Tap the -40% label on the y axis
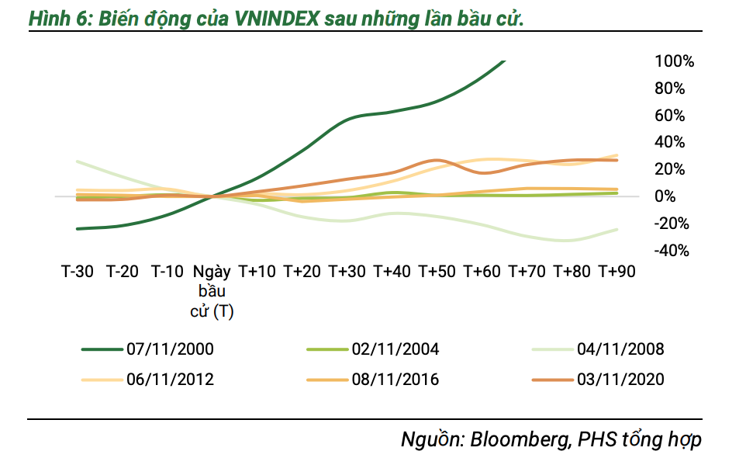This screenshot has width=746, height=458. point(673,251)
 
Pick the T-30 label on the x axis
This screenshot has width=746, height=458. point(78,272)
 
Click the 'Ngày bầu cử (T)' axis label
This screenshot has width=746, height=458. point(212,292)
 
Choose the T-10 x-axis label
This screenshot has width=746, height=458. point(167,272)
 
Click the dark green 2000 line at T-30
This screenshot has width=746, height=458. point(78,228)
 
